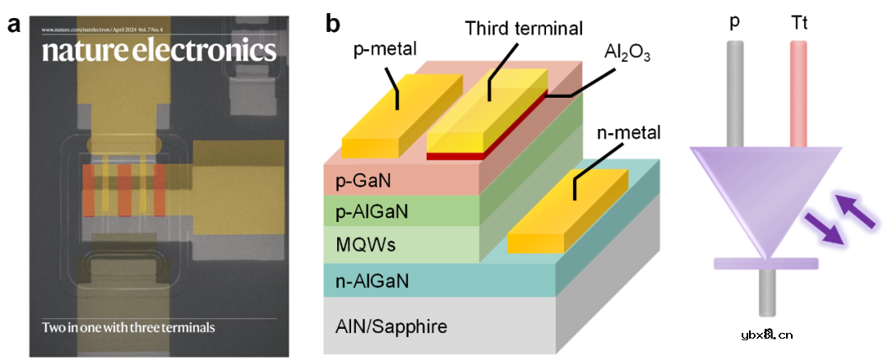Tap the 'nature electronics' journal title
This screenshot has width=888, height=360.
click(159, 51)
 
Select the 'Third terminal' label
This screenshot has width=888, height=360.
click(524, 28)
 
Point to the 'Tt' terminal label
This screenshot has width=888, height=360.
click(799, 25)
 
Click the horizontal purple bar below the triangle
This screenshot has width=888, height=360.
click(765, 263)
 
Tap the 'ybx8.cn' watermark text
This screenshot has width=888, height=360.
click(766, 334)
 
